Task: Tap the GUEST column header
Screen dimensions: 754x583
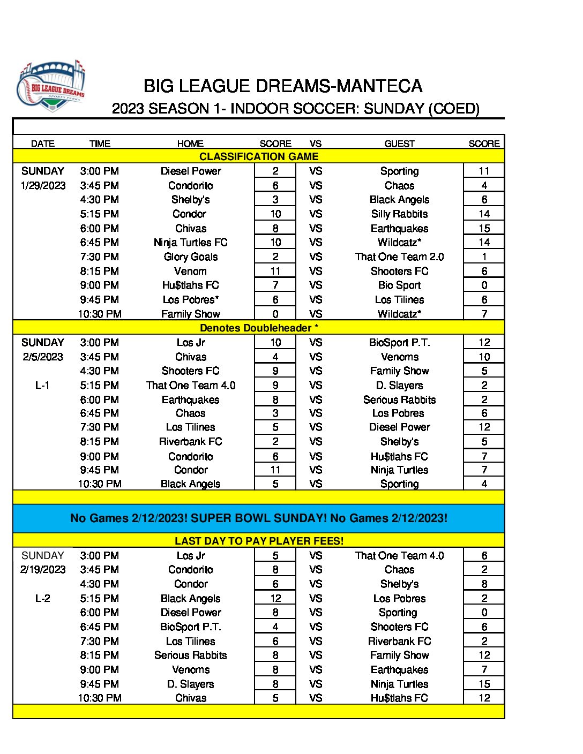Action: tap(399, 144)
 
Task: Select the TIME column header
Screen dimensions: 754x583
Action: tap(100, 144)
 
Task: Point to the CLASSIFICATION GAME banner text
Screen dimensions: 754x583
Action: tap(259, 156)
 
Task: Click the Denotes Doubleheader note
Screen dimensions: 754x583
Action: tap(259, 328)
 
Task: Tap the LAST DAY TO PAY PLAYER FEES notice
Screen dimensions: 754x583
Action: tap(259, 541)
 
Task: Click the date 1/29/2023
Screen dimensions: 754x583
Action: tap(43, 185)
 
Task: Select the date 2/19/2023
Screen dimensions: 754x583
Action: tap(43, 569)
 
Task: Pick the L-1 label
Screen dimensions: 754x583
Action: tap(42, 385)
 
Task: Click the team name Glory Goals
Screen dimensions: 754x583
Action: tap(191, 257)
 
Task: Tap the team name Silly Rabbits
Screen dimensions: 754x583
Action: tap(399, 214)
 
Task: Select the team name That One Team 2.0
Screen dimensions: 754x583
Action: tap(399, 257)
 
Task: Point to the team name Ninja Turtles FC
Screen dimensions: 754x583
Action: tap(191, 242)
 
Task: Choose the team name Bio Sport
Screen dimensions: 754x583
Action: tap(399, 285)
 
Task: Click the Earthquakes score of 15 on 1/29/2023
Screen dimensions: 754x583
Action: tap(484, 228)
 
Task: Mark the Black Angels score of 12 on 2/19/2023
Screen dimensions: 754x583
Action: tap(275, 598)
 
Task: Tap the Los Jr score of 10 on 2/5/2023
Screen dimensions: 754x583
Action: tap(275, 342)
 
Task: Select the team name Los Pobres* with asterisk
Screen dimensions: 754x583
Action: tap(191, 299)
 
